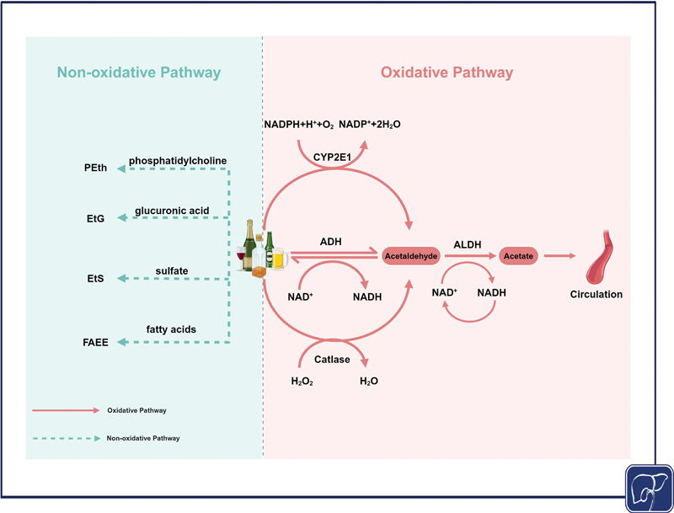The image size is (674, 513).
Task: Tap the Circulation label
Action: click(596, 295)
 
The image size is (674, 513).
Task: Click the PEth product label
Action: click(95, 168)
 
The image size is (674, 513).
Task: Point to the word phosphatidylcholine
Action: click(179, 160)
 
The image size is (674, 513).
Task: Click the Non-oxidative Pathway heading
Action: click(139, 73)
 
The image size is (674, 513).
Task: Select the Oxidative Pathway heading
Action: click(447, 73)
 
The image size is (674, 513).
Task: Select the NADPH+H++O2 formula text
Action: click(299, 124)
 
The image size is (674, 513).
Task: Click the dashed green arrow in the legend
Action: click(66, 438)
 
